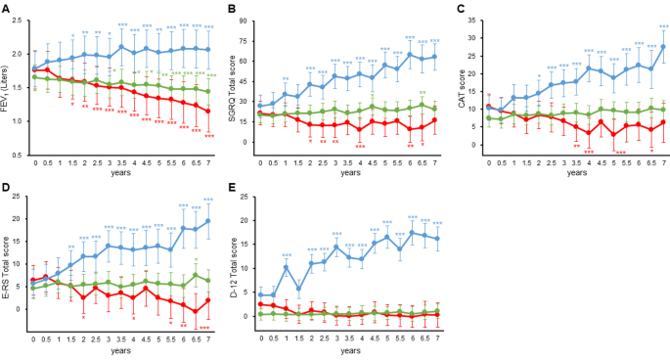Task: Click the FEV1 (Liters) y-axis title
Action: point(8,88)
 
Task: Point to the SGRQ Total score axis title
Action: point(232,88)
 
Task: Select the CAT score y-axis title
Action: point(459,88)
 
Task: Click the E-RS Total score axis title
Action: point(8,264)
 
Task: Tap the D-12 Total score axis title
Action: point(232,264)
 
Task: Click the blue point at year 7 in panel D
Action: point(208,221)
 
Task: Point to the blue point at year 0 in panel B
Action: point(259,106)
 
